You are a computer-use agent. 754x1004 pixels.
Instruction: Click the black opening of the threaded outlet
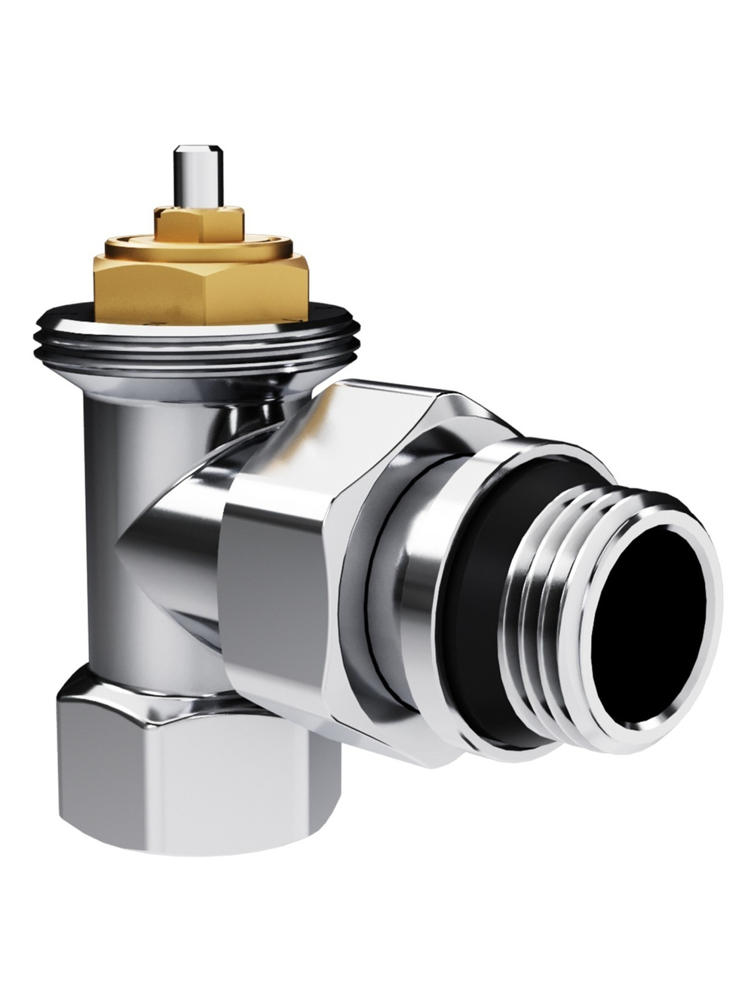point(648,625)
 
